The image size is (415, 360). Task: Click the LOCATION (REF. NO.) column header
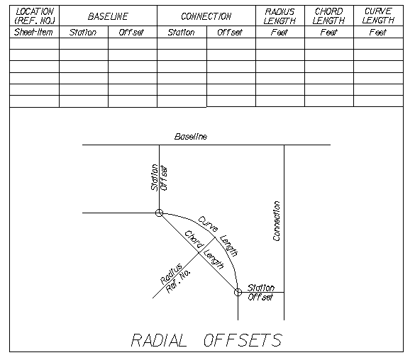[35, 16]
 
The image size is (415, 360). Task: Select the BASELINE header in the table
[108, 16]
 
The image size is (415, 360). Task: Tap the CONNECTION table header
[206, 16]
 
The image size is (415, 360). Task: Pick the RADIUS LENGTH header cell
[280, 16]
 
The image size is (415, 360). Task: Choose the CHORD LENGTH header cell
[328, 16]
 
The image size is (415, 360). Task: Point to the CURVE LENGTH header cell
[378, 16]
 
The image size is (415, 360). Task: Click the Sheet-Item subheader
[33, 32]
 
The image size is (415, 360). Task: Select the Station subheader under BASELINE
[83, 33]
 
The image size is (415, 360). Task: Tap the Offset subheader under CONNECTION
[230, 33]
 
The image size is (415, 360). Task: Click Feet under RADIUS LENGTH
[280, 33]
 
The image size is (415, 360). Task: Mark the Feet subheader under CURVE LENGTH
[378, 33]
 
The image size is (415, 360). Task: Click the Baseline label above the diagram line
[191, 136]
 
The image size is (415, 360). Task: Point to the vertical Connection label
[277, 221]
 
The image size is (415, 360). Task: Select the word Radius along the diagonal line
[172, 274]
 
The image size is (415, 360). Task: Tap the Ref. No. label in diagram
[178, 281]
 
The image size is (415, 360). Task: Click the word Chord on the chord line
[194, 240]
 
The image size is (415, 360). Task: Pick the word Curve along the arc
[208, 224]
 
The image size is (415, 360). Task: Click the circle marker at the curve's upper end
[159, 213]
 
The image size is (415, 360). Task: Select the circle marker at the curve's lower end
[238, 293]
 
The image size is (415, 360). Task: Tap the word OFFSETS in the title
[243, 340]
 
